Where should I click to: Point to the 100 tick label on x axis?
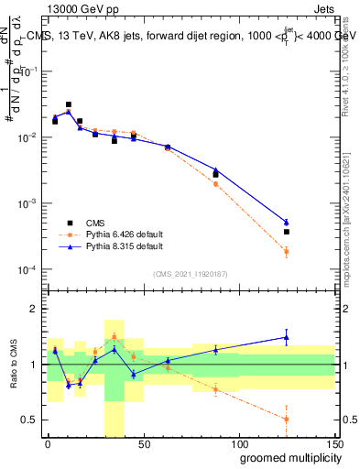click(238, 443)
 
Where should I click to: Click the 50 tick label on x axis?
click(143, 443)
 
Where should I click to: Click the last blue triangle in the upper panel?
click(287, 222)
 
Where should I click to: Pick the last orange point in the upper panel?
click(287, 251)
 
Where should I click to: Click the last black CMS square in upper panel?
click(287, 232)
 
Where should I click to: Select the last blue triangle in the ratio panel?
click(287, 337)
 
